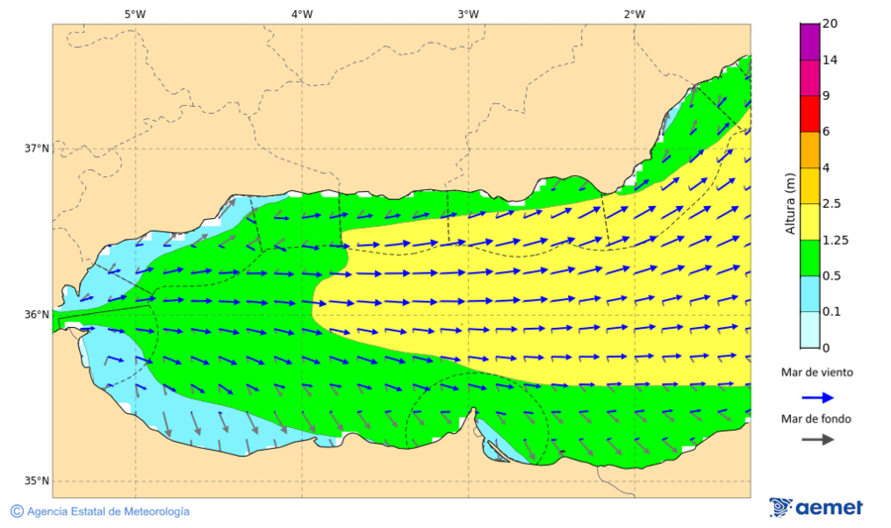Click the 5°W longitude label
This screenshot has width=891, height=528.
[135, 14]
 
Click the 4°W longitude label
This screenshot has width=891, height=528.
[302, 14]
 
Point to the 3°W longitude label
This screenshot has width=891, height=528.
[468, 14]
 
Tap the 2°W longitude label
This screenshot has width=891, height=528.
[635, 14]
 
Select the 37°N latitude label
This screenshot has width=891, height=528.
[37, 149]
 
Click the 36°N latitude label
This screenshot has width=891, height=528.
[37, 315]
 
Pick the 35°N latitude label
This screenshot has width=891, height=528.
[37, 481]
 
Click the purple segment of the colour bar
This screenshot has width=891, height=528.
[810, 42]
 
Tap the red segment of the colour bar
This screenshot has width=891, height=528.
[810, 113]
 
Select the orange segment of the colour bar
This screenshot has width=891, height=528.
[810, 150]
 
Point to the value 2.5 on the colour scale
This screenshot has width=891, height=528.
[834, 204]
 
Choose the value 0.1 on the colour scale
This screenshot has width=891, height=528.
[834, 311]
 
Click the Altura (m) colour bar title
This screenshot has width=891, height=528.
[790, 204]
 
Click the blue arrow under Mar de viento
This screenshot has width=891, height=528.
[817, 396]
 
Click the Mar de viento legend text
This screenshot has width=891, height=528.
[817, 372]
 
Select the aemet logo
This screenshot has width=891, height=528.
[816, 507]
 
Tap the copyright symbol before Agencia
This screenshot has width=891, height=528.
[17, 511]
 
